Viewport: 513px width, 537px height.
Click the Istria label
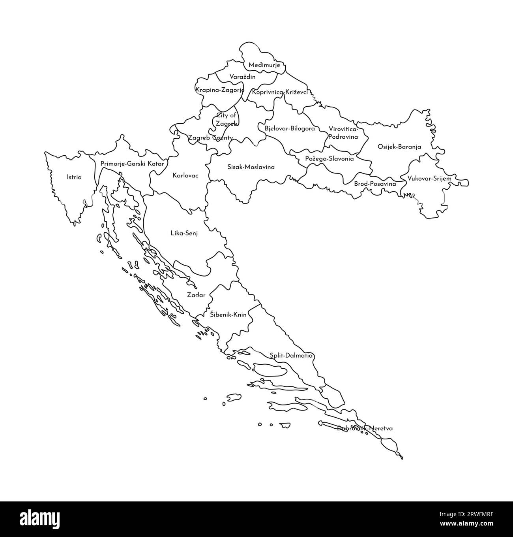click(x=74, y=177)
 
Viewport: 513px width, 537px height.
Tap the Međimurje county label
click(x=264, y=65)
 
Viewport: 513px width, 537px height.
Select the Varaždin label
click(x=242, y=77)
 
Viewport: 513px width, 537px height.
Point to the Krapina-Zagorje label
click(x=220, y=90)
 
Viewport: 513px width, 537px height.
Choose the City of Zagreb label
click(x=227, y=119)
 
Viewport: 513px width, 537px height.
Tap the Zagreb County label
click(x=210, y=138)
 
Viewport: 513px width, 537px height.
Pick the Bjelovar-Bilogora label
click(x=290, y=129)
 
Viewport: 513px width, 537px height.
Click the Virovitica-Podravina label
click(x=343, y=133)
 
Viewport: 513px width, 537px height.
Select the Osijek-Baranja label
click(x=399, y=147)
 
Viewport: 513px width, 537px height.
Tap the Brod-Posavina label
click(x=375, y=184)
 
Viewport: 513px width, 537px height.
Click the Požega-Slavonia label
click(x=330, y=159)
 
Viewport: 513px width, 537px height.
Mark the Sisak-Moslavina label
click(x=251, y=167)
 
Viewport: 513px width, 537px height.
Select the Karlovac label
click(x=185, y=175)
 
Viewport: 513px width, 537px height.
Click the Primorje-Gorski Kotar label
click(x=132, y=163)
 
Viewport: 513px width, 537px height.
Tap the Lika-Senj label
click(x=184, y=234)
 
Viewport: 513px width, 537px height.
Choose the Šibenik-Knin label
click(x=228, y=315)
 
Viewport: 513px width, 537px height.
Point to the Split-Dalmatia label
click(x=291, y=356)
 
